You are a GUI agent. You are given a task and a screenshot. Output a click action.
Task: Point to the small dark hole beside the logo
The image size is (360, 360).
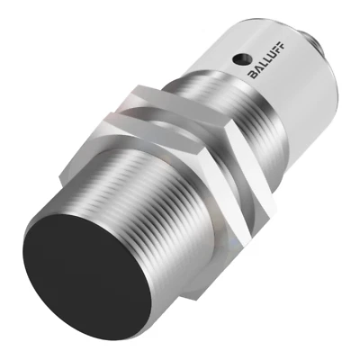(x=241, y=59)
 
